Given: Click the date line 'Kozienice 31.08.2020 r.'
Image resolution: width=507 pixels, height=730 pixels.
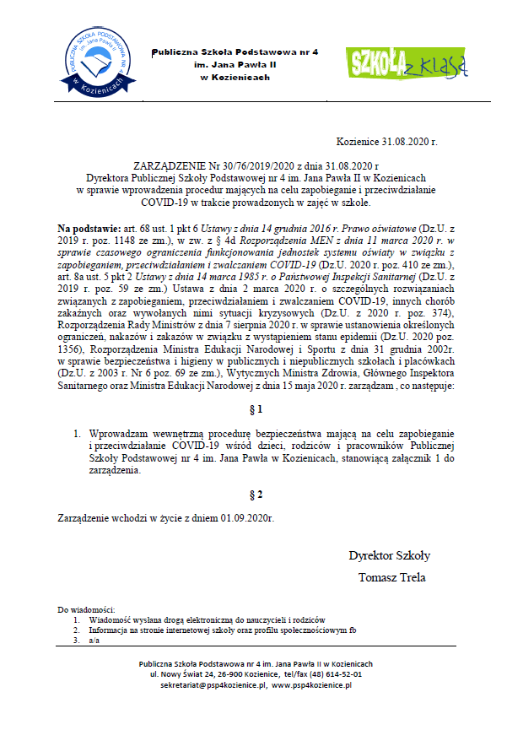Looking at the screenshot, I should pyautogui.click(x=398, y=144).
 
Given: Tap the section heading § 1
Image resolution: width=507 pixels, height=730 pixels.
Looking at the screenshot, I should pyautogui.click(x=257, y=410).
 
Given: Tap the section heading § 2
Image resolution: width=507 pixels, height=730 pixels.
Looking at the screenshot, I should pyautogui.click(x=257, y=494).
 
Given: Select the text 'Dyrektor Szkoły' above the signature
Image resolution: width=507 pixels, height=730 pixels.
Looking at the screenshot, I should pyautogui.click(x=389, y=555).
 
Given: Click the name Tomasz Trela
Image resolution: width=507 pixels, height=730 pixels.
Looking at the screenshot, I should pyautogui.click(x=392, y=577).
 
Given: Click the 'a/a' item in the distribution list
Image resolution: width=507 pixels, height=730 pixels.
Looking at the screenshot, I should pyautogui.click(x=93, y=641).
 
